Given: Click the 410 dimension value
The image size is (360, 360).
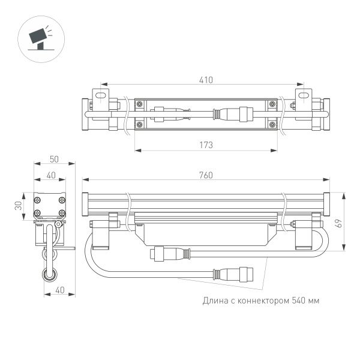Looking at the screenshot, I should pos(206,79).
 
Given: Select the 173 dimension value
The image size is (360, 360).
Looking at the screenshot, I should pos(206,145).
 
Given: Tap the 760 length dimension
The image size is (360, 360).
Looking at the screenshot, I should pos(206,175).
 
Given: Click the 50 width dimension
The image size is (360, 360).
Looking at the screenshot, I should pos(55,159).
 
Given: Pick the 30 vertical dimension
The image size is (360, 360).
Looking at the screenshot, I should pos(19,205).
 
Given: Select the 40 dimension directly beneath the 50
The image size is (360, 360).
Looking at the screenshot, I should pos(52,175).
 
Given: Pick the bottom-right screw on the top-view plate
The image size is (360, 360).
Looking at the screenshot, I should pos(273,125).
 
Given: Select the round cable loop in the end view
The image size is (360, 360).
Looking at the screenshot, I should pos(48,275).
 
